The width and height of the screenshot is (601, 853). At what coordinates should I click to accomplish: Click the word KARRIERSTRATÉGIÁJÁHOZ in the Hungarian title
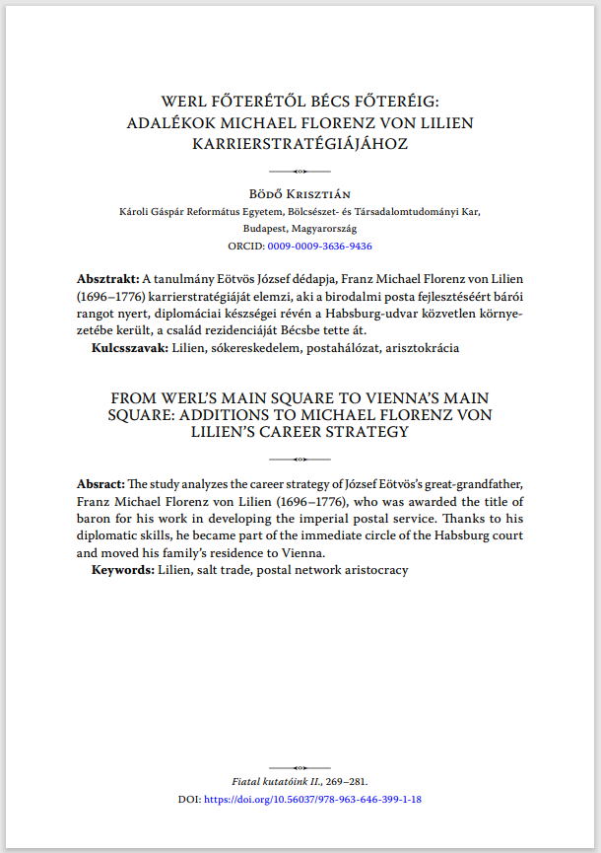point(300,143)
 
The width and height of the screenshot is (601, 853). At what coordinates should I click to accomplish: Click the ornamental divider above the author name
point(300,171)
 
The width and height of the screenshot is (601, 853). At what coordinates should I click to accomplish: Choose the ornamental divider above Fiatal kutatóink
point(300,766)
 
